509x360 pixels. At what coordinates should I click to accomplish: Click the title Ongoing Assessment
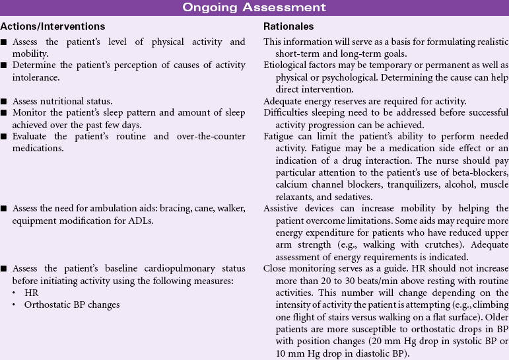coord(254,7)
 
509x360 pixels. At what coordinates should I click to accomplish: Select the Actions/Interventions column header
coord(53,26)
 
